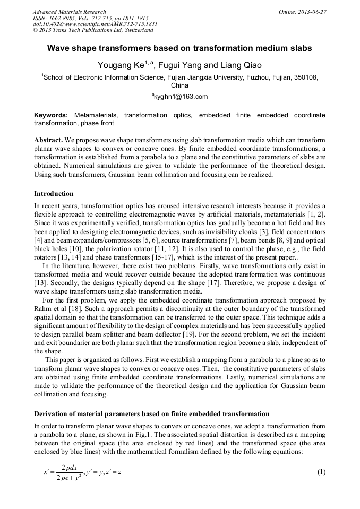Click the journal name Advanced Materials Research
coord(69,12)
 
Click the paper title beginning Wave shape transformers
coord(179,48)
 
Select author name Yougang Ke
coord(117,65)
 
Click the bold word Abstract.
coord(49,140)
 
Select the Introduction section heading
coord(54,193)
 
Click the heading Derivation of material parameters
coord(151,413)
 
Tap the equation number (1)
coord(321,472)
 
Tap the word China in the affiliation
coord(180,85)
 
